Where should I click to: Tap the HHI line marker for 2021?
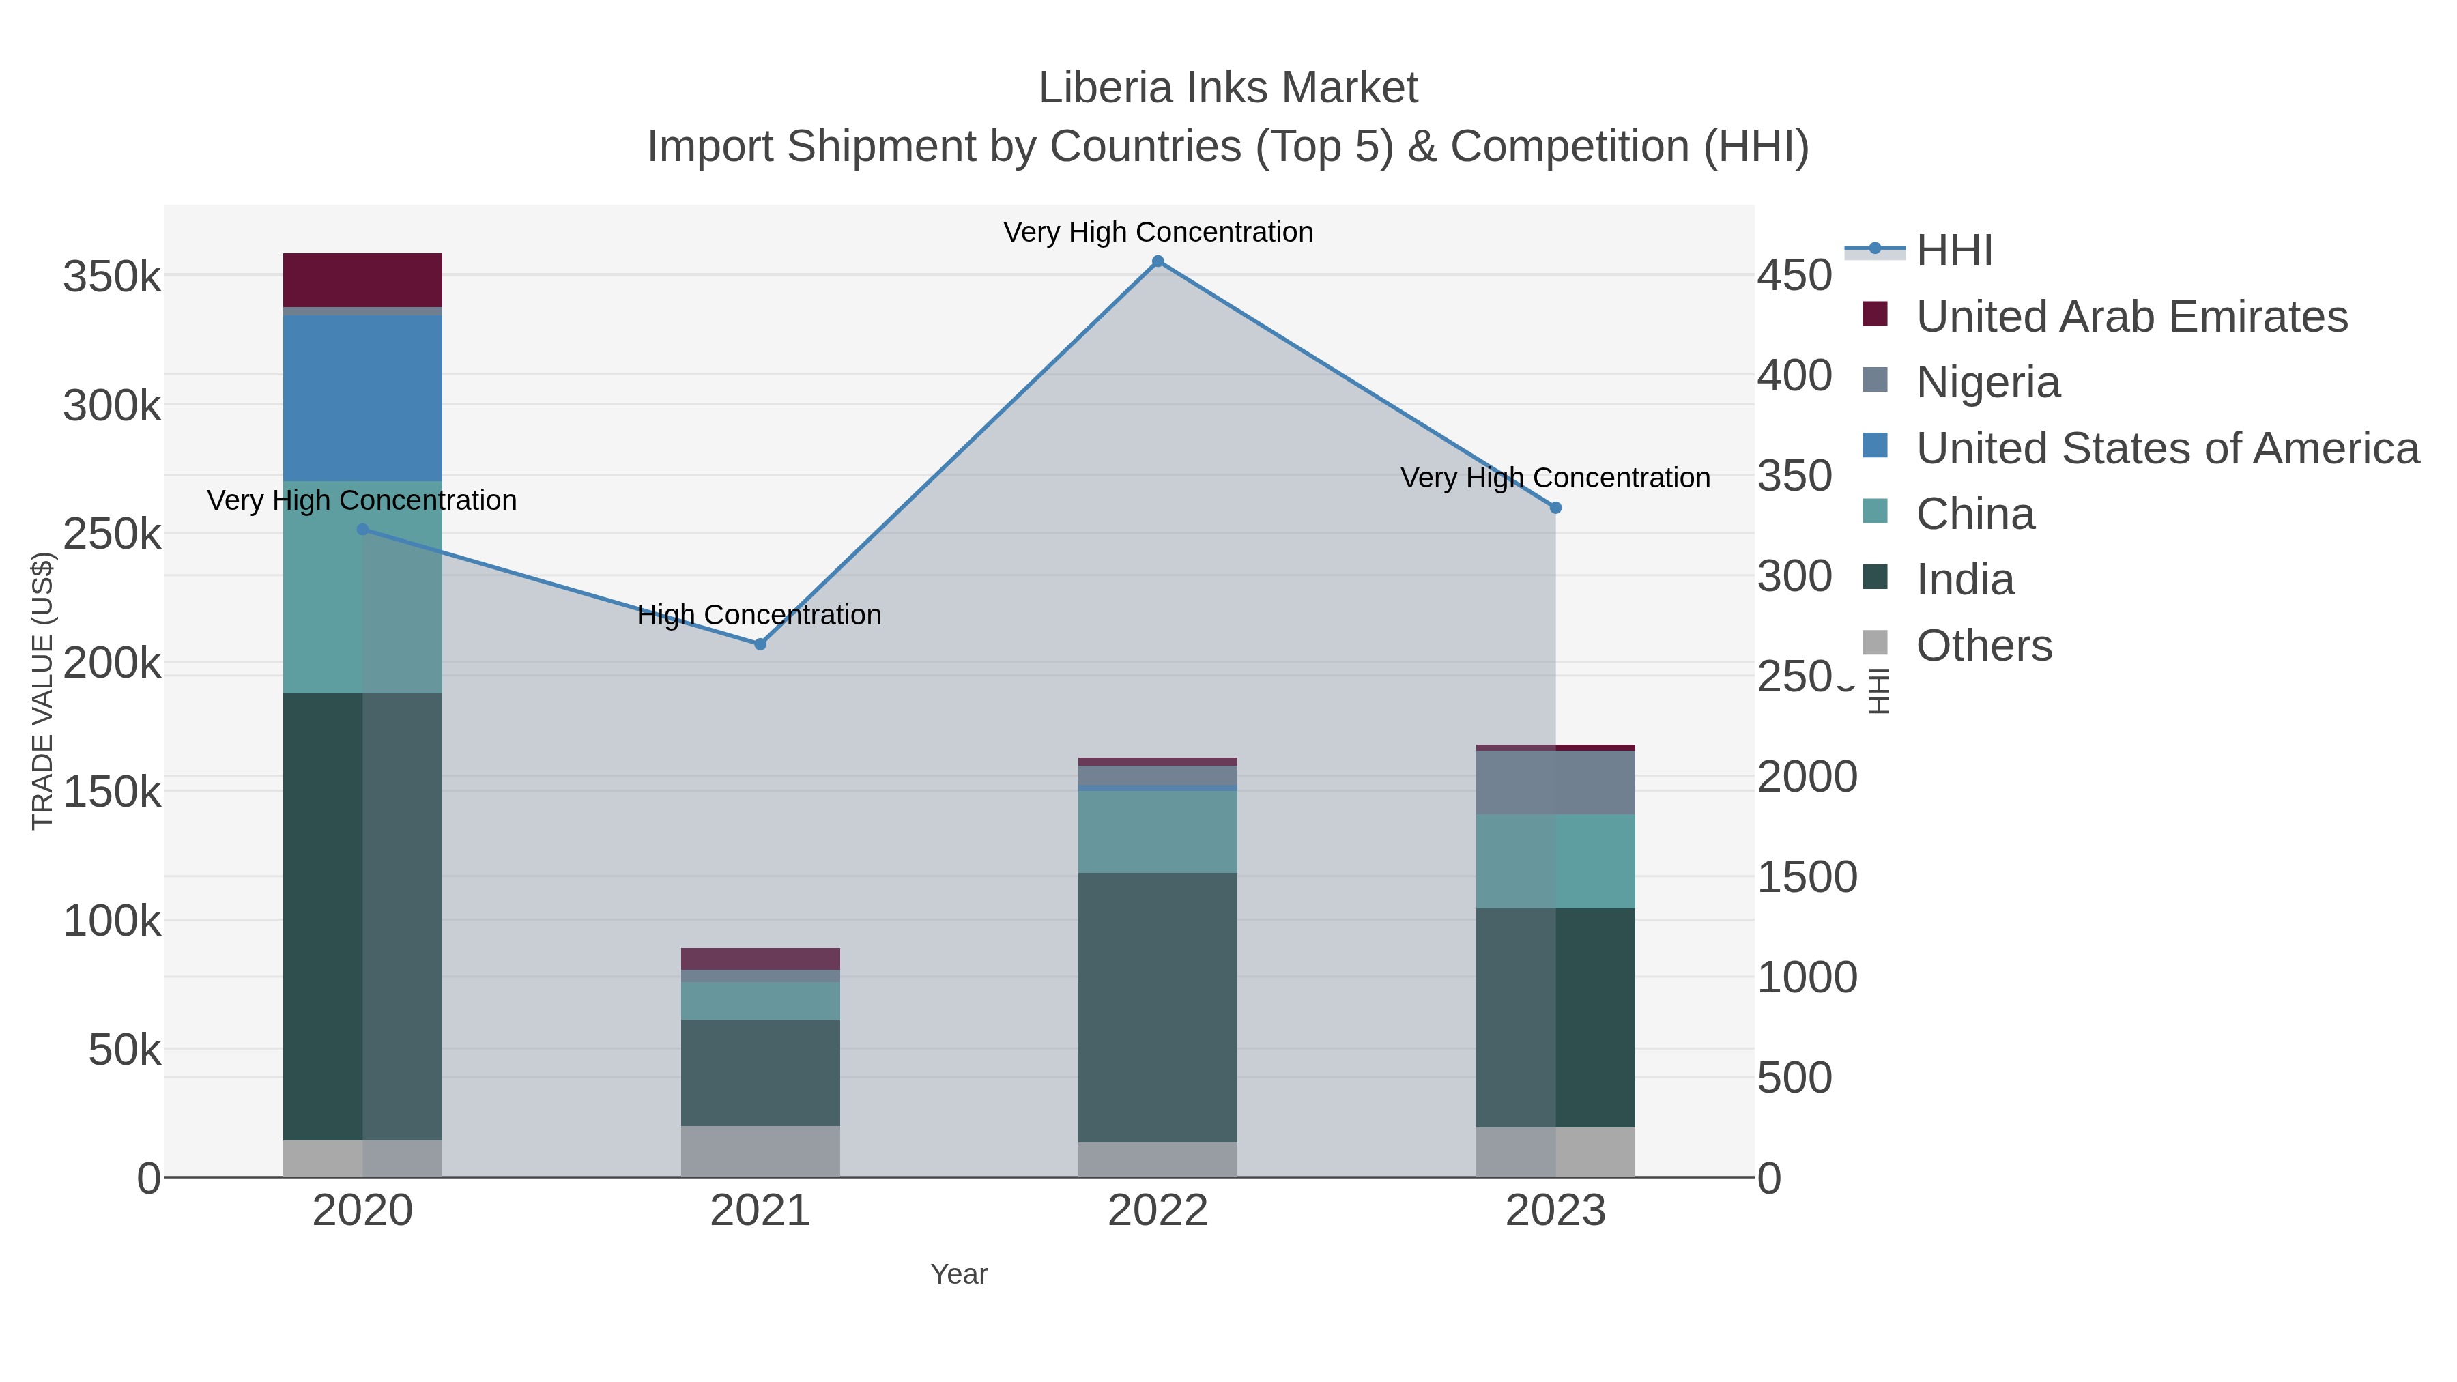[760, 644]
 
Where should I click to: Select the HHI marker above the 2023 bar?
[1555, 508]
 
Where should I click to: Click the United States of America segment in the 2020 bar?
[362, 398]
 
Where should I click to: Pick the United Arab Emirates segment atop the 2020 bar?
[362, 279]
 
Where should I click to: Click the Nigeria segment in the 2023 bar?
[1555, 782]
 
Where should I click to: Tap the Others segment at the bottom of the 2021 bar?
[760, 1151]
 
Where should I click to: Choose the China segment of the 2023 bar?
[1555, 861]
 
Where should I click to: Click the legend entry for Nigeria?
[1987, 382]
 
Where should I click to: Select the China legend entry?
[1974, 514]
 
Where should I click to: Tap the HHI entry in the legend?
[1953, 251]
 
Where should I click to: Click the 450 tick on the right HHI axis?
[1794, 276]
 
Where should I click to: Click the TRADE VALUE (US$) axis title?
[43, 691]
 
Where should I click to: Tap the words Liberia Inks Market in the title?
[1228, 88]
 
